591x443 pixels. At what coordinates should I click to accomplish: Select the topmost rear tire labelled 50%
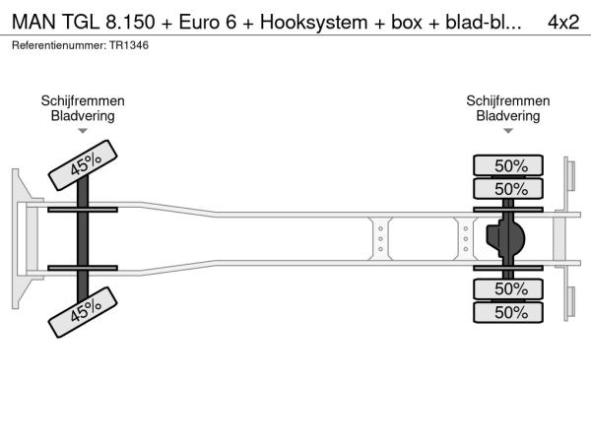pos(510,165)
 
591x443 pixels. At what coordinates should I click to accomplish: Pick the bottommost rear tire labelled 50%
pos(510,312)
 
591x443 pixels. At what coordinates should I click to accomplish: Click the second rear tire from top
pos(510,188)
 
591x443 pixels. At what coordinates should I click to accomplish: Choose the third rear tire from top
pos(510,288)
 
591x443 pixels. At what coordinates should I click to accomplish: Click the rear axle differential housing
pos(506,237)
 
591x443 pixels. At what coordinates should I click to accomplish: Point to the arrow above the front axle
pos(83,130)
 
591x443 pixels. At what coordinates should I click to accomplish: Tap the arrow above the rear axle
pos(508,130)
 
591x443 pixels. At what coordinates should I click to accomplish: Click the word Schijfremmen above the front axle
pos(83,100)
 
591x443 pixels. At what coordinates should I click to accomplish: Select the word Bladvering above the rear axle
pos(508,115)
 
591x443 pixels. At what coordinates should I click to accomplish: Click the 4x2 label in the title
pos(562,23)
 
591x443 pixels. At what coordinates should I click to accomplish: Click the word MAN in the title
pos(32,23)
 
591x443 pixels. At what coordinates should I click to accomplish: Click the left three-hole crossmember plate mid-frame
pos(380,237)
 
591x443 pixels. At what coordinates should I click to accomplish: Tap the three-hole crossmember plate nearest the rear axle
pos(466,237)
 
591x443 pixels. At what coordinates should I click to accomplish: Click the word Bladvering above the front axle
pos(83,115)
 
